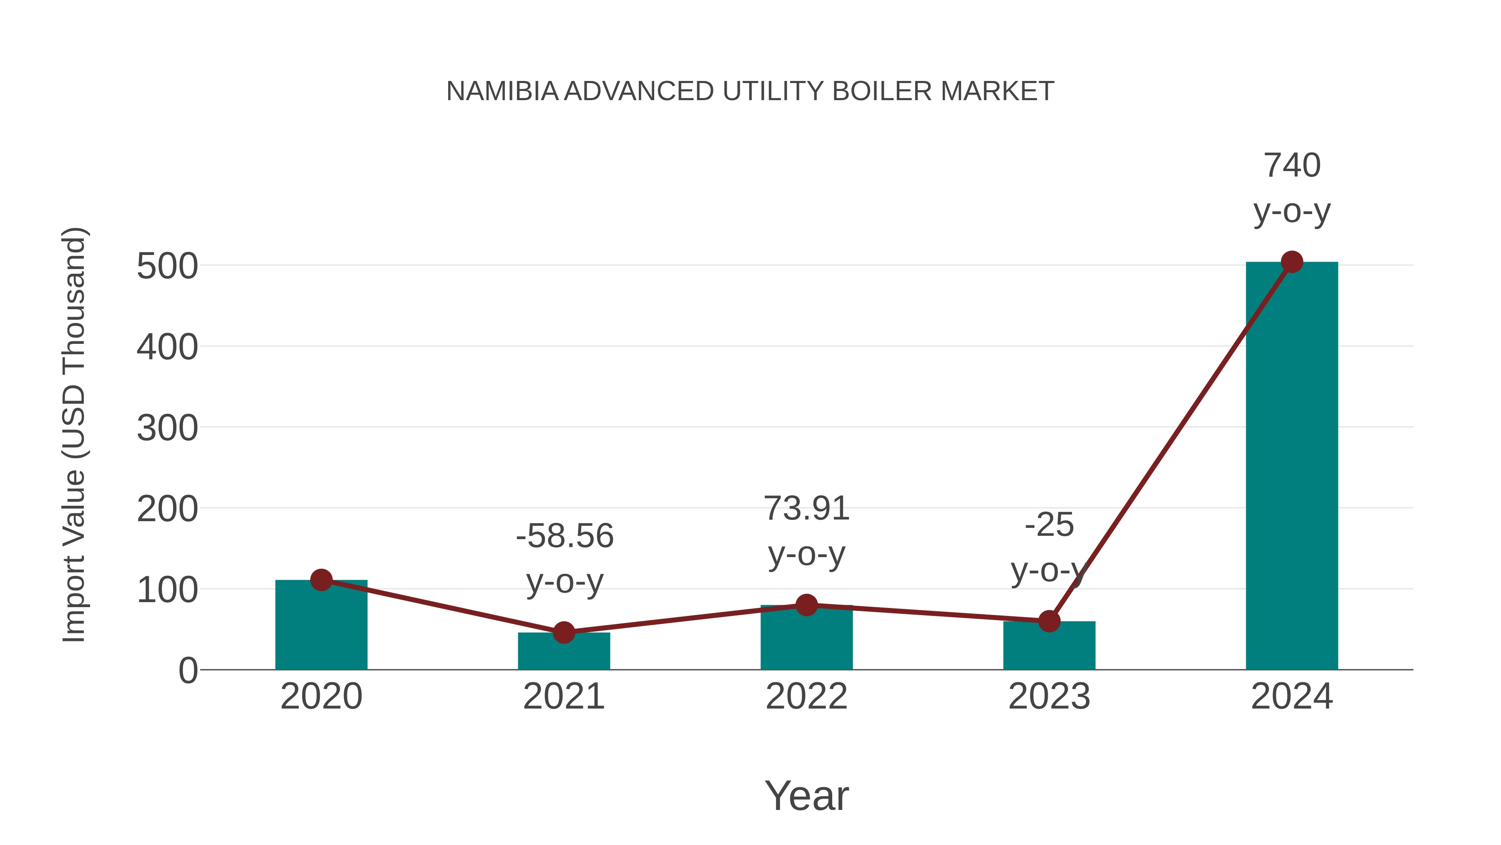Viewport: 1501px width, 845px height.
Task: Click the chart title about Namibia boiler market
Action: (x=750, y=91)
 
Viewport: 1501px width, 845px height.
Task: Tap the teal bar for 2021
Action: (x=563, y=653)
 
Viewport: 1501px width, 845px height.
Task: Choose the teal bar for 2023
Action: (x=1049, y=647)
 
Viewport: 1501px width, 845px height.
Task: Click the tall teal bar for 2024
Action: (x=1292, y=467)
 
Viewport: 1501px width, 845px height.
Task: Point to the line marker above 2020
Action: (x=321, y=580)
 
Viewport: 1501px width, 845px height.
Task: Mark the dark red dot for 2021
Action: (x=563, y=632)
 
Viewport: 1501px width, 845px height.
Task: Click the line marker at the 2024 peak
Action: (x=1292, y=262)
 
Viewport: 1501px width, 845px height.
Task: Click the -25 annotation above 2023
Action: (x=1049, y=525)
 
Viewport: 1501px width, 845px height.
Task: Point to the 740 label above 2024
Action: (x=1292, y=166)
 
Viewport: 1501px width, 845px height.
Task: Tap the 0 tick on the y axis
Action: (x=188, y=671)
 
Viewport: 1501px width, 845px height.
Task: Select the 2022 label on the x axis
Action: (x=806, y=696)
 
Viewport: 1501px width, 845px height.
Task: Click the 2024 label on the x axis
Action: (x=1292, y=696)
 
